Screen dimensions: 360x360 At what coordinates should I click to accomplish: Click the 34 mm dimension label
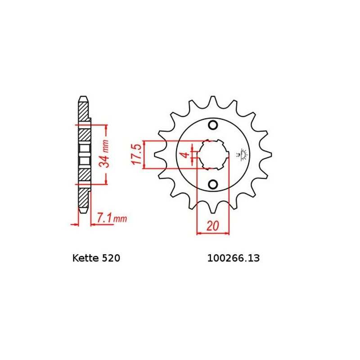point(103,153)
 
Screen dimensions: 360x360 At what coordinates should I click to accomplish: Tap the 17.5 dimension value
point(136,154)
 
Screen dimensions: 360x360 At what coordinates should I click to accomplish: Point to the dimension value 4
point(185,154)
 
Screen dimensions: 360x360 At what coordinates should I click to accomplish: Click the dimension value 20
point(213,226)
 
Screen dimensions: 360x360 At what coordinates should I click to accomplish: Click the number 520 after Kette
point(111,258)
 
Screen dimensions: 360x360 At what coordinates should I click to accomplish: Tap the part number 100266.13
point(234,258)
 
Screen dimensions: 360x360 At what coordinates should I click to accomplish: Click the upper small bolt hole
point(213,125)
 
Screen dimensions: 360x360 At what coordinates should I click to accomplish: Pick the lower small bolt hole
point(213,184)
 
